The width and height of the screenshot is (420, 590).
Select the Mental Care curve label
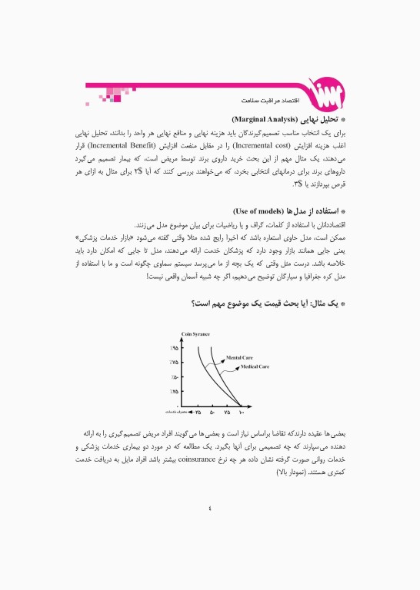coord(239,358)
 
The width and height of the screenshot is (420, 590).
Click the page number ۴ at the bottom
coord(209,506)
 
